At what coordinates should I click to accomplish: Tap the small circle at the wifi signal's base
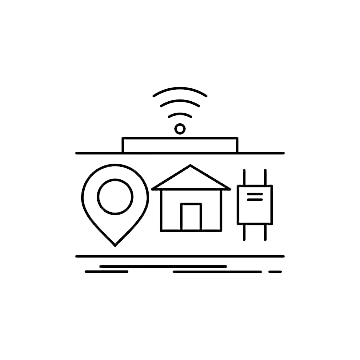pos(180,128)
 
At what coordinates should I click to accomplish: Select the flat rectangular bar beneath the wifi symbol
pos(180,144)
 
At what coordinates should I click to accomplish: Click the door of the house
pos(190,216)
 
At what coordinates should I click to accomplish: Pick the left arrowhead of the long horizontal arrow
pos(78,257)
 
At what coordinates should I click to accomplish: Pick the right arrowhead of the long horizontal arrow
pos(285,257)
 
